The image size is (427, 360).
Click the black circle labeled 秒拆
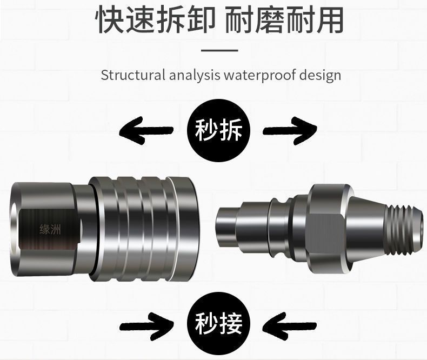(218, 130)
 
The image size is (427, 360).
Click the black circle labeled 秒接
(218, 323)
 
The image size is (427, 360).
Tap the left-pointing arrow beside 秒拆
(145, 130)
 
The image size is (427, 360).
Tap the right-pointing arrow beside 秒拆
(290, 130)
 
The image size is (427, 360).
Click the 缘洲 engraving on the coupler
(51, 229)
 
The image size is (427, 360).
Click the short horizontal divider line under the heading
(219, 50)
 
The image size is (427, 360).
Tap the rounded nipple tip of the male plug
(225, 225)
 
